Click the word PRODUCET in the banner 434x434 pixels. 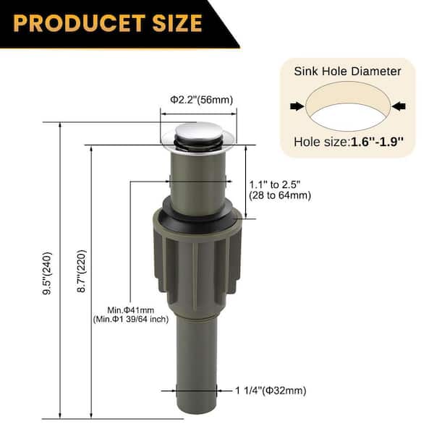(79, 23)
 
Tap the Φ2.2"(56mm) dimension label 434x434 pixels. (202, 100)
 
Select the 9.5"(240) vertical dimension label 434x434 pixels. (47, 273)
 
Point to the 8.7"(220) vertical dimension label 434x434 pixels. (82, 271)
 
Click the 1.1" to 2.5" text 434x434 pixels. (275, 184)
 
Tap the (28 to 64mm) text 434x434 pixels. (280, 195)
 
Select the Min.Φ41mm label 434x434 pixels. (131, 310)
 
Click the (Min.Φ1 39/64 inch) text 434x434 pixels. (131, 319)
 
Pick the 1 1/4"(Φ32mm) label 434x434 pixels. (271, 391)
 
